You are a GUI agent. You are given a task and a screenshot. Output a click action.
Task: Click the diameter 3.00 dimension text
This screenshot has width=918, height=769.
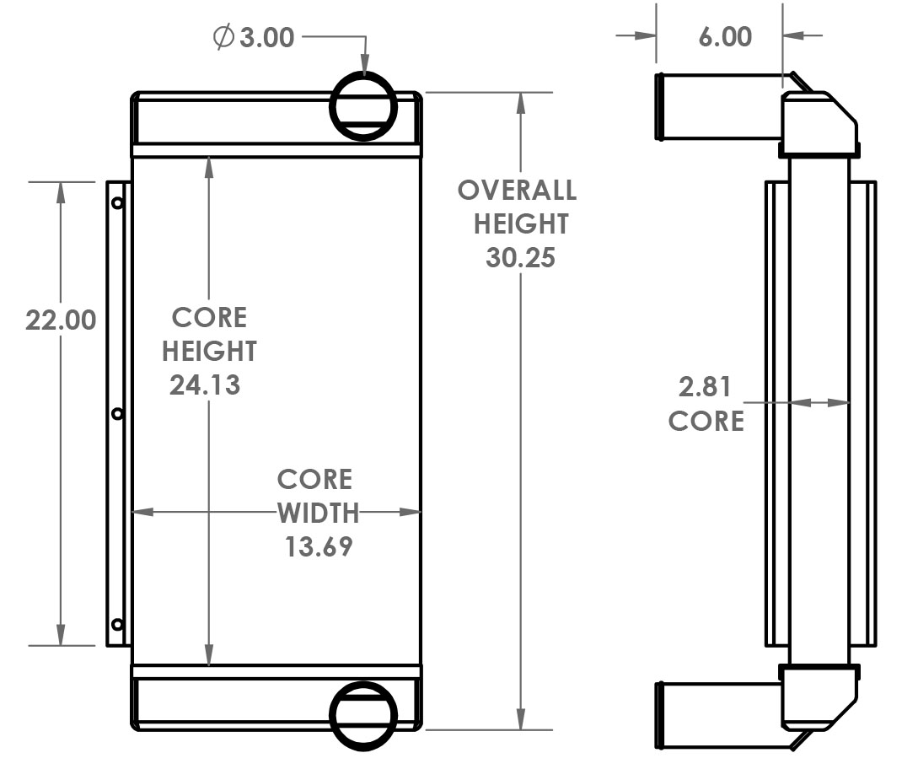pyautogui.click(x=255, y=38)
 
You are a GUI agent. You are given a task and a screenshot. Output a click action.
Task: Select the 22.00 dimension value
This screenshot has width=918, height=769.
pyautogui.click(x=60, y=320)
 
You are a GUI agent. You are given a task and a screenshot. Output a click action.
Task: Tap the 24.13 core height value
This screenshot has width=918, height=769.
pyautogui.click(x=205, y=384)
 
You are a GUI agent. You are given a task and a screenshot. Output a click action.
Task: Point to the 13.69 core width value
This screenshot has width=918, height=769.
pyautogui.click(x=318, y=546)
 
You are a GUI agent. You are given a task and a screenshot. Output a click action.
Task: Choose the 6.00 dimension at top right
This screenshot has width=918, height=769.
pyautogui.click(x=725, y=36)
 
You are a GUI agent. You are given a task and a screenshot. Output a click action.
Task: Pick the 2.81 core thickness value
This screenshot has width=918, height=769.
pyautogui.click(x=706, y=387)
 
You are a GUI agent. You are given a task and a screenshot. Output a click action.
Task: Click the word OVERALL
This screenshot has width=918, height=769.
pyautogui.click(x=517, y=191)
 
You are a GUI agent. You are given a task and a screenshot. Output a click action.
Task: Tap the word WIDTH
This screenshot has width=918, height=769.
pyautogui.click(x=318, y=513)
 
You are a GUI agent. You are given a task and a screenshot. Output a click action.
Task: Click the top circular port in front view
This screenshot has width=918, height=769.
pyautogui.click(x=363, y=105)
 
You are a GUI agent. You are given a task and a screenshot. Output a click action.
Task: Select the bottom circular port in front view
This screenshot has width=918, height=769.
pyautogui.click(x=363, y=715)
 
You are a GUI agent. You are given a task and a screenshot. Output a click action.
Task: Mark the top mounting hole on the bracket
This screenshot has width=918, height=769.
pyautogui.click(x=117, y=202)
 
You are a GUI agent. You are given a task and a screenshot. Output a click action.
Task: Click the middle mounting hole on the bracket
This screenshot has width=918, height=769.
pyautogui.click(x=117, y=413)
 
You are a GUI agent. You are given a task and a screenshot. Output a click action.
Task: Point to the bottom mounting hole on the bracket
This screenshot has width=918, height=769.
pyautogui.click(x=117, y=624)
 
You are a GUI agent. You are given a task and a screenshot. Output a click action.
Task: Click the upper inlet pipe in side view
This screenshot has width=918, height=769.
pyautogui.click(x=717, y=106)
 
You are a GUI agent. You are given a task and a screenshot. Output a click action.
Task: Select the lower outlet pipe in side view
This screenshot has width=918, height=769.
pyautogui.click(x=717, y=714)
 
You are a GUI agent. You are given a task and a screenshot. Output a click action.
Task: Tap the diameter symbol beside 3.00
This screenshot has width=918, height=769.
pyautogui.click(x=223, y=38)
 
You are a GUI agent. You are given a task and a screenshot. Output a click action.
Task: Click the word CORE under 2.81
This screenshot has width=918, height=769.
pyautogui.click(x=706, y=421)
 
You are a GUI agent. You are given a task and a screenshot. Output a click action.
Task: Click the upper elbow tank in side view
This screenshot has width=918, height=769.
pyautogui.click(x=818, y=122)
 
